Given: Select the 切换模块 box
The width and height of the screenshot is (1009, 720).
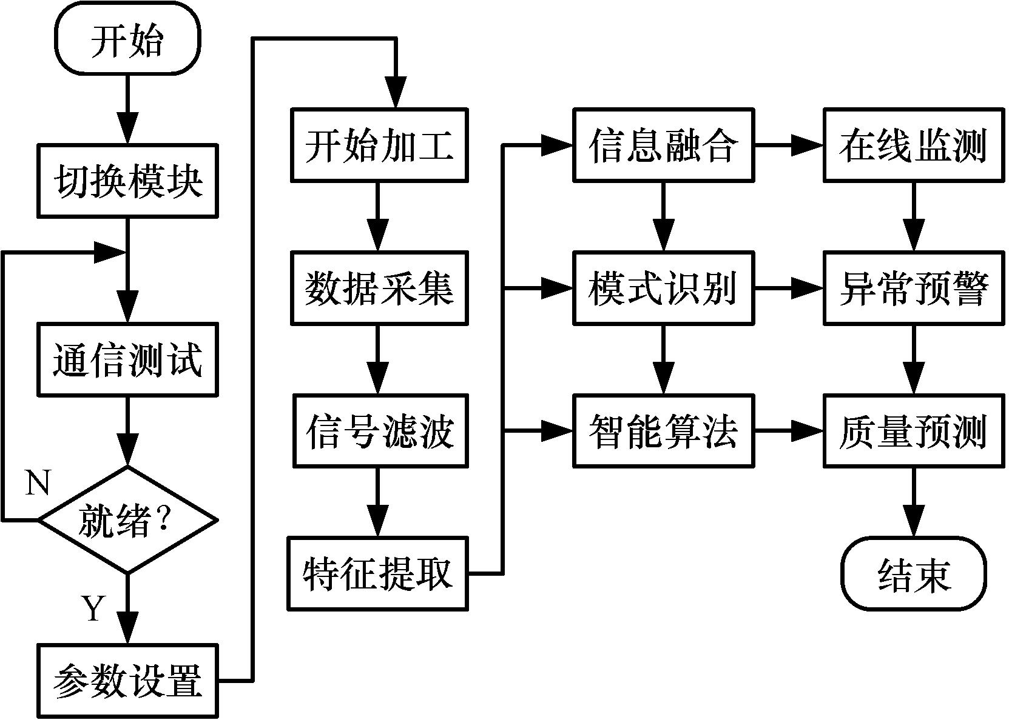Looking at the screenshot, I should [x=127, y=181].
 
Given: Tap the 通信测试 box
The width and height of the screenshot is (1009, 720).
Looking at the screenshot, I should [x=127, y=360].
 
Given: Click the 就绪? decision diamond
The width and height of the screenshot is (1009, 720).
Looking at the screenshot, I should [x=127, y=520].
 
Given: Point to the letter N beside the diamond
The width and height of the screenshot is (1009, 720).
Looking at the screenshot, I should [x=38, y=484].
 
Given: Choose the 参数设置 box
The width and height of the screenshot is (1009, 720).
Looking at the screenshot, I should [x=127, y=681].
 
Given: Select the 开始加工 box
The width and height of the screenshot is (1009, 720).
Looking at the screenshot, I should [x=379, y=145].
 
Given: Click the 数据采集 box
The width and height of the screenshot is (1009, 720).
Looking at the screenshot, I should [x=379, y=288].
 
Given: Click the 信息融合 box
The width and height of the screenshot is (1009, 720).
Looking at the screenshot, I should [x=663, y=145].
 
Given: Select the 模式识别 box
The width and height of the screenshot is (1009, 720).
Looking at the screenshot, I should [x=663, y=288].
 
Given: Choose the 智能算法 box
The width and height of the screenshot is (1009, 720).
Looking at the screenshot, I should [x=663, y=431].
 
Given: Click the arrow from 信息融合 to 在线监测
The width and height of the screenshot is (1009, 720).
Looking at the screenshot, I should [x=789, y=145].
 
